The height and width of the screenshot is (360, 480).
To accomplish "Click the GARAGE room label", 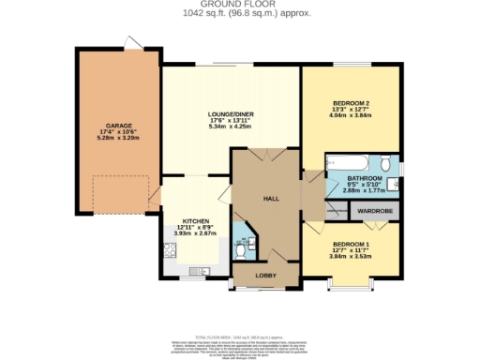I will (x=118, y=125).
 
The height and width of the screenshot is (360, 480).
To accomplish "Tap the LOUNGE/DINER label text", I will (x=231, y=114).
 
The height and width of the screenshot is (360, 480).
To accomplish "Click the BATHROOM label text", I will (x=365, y=178).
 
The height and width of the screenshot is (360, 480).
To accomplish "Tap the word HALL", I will (x=272, y=199).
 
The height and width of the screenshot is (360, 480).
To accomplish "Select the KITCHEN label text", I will (x=194, y=221).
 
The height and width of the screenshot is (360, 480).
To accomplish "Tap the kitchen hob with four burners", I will (x=172, y=250).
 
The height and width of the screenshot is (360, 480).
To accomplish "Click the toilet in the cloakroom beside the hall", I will (x=242, y=248).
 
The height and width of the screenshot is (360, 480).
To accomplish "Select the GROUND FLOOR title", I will (x=239, y=5).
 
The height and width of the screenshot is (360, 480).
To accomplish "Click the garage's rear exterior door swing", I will (x=136, y=45).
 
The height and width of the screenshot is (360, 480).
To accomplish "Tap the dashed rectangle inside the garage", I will (x=119, y=192).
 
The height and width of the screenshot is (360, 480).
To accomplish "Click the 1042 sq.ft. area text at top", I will (x=239, y=13).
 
